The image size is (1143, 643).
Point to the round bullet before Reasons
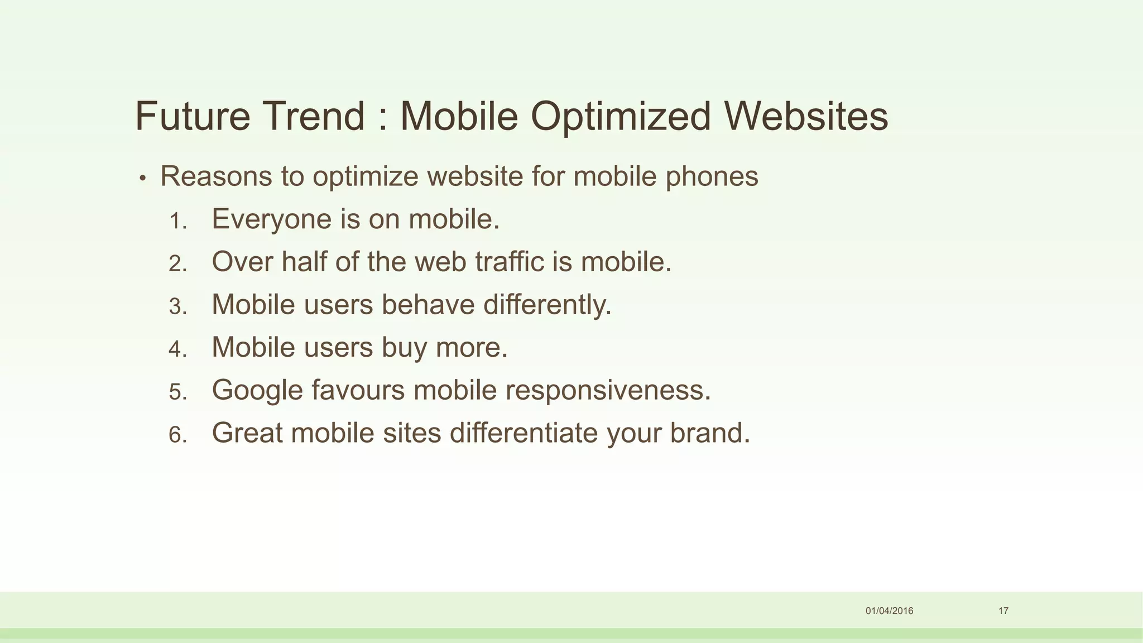click(143, 179)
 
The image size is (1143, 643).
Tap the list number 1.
click(177, 221)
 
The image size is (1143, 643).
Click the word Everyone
click(271, 219)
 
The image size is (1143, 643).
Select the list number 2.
click(177, 263)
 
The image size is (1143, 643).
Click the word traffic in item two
click(509, 261)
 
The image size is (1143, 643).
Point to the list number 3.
click(177, 306)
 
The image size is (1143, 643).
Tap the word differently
click(547, 305)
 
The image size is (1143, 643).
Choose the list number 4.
click(177, 349)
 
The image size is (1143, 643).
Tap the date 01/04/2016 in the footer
click(889, 611)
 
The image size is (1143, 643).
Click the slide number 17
click(1003, 611)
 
